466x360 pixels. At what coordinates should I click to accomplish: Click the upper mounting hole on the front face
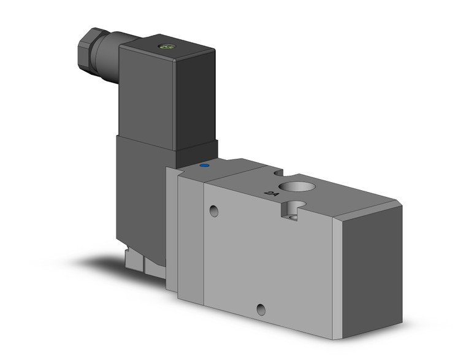(x=213, y=212)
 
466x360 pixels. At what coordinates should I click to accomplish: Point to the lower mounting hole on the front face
(x=261, y=309)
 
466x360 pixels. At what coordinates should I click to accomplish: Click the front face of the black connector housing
(x=147, y=98)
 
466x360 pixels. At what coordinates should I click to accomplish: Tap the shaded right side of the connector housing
(x=196, y=98)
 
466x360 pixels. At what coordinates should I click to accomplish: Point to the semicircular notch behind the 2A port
(x=280, y=173)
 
